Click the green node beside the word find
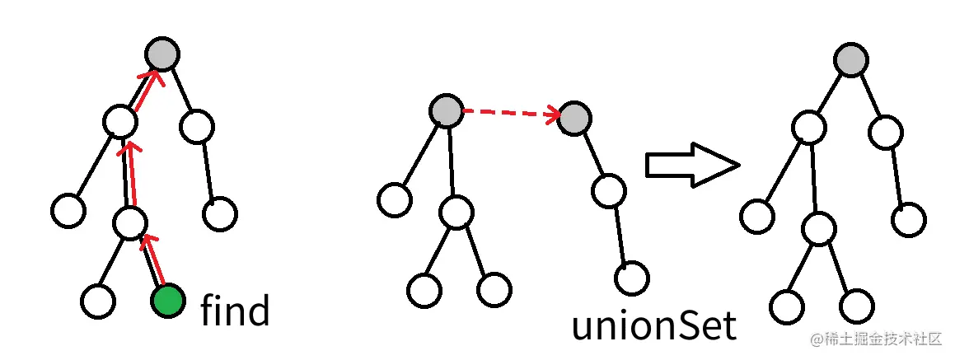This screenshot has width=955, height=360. (x=167, y=301)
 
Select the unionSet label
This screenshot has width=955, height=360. (x=653, y=325)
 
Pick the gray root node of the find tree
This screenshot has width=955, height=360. (x=162, y=54)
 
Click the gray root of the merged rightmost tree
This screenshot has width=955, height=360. (x=850, y=59)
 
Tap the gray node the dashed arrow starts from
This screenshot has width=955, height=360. (x=447, y=110)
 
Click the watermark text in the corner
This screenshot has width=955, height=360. (x=878, y=339)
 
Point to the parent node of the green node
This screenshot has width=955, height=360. (x=130, y=222)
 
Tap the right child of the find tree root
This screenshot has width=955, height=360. (x=197, y=127)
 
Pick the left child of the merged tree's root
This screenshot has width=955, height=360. (x=809, y=127)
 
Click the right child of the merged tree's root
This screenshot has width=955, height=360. (x=885, y=133)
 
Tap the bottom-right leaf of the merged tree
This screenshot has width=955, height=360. (x=857, y=306)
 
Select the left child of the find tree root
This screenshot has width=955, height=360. (x=120, y=122)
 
